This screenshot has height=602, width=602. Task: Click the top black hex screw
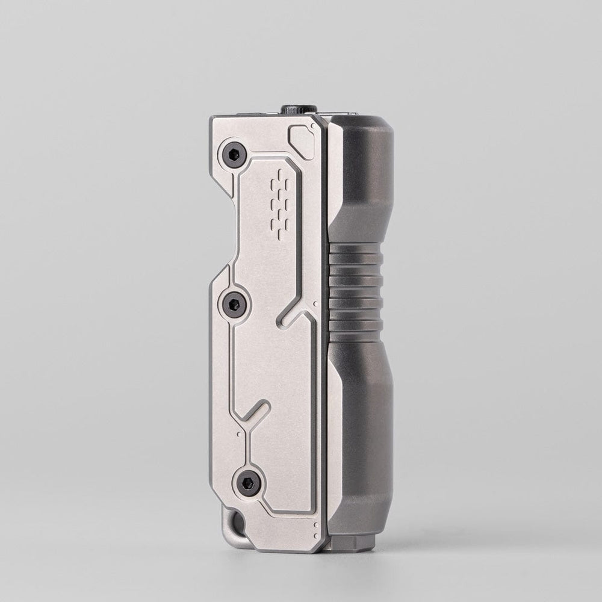click(234, 155)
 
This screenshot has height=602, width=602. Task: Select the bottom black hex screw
click(248, 482)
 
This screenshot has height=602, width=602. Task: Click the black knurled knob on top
click(299, 109)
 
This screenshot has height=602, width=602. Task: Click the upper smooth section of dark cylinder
click(361, 181)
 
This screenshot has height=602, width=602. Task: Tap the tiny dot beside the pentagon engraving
click(318, 130)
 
